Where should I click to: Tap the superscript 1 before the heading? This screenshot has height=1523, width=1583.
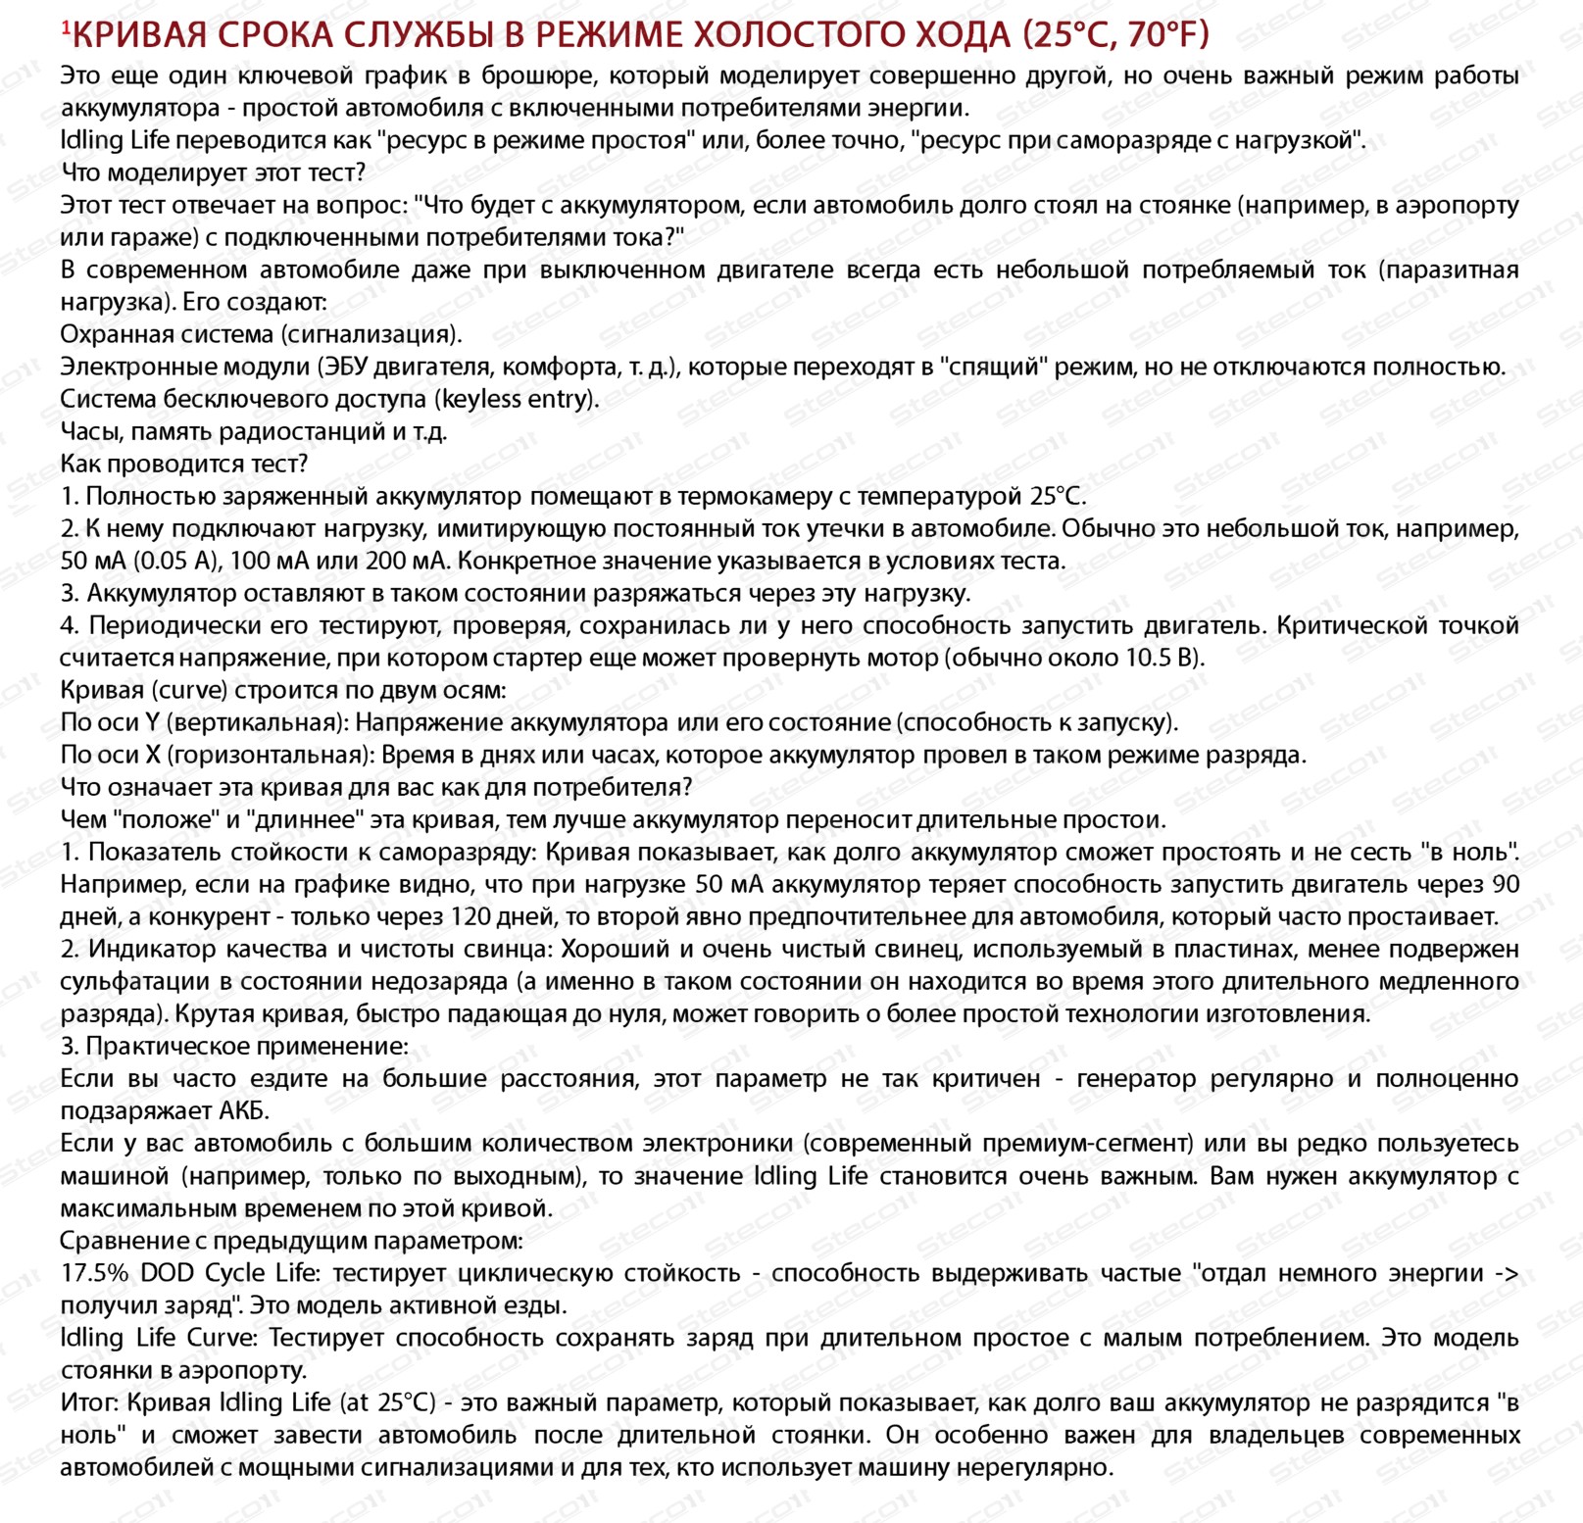(x=66, y=28)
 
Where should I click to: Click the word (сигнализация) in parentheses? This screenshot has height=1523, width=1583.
(x=371, y=334)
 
